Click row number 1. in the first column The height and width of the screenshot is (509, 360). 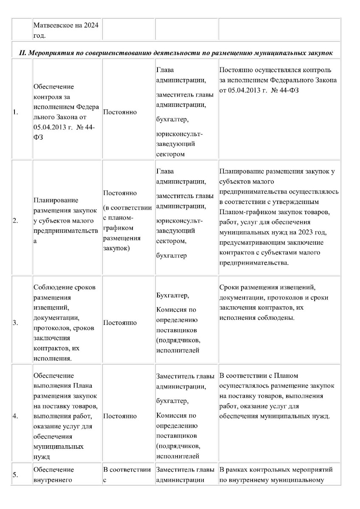click(x=16, y=112)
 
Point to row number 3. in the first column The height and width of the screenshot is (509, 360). click(x=16, y=323)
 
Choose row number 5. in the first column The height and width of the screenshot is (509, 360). click(x=16, y=475)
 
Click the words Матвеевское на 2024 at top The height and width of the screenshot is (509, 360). click(x=66, y=25)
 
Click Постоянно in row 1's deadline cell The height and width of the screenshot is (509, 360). click(x=120, y=112)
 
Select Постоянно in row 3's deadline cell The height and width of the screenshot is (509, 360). click(x=120, y=323)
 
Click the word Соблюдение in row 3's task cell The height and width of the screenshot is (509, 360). click(x=53, y=288)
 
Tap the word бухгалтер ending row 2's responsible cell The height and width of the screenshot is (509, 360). click(x=172, y=255)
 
